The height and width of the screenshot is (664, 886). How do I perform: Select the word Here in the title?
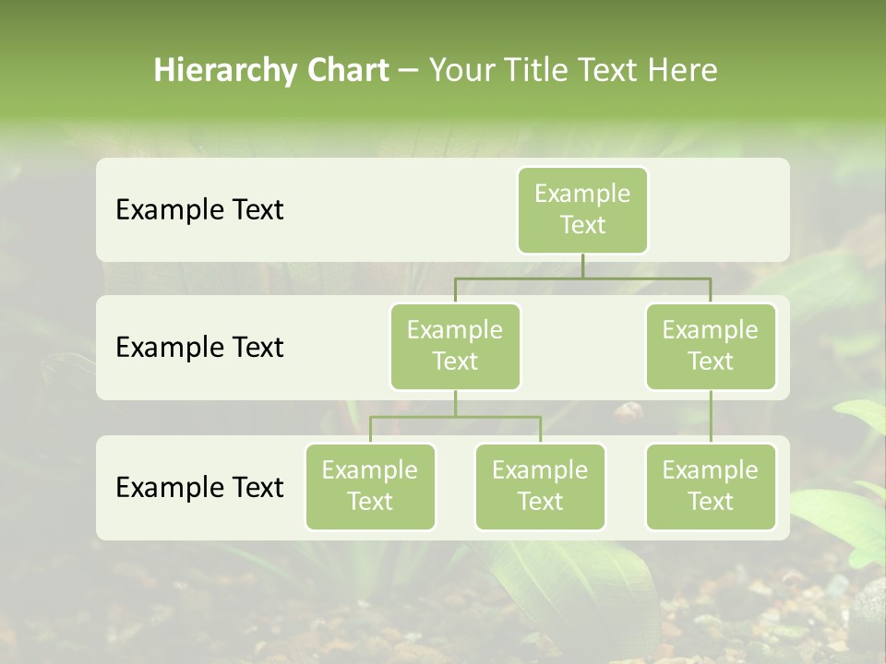click(682, 70)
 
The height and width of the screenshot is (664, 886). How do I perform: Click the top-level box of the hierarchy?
click(582, 210)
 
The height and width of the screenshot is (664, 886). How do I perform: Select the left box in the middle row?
click(455, 346)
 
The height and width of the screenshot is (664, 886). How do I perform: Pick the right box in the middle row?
click(711, 346)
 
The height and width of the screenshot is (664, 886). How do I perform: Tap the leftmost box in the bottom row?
click(370, 486)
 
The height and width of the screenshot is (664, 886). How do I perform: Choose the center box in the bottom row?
click(540, 486)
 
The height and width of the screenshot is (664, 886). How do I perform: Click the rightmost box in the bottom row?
click(711, 486)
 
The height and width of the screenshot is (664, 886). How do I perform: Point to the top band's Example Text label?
click(199, 210)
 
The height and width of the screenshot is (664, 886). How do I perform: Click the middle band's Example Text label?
click(199, 348)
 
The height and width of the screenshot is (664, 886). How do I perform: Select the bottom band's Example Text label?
click(199, 487)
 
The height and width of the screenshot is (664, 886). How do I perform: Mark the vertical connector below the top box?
click(582, 266)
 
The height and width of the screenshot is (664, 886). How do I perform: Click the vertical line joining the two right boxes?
click(711, 417)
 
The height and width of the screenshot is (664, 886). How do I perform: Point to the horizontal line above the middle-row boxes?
click(582, 278)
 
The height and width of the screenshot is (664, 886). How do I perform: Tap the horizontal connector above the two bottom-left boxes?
click(455, 417)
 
